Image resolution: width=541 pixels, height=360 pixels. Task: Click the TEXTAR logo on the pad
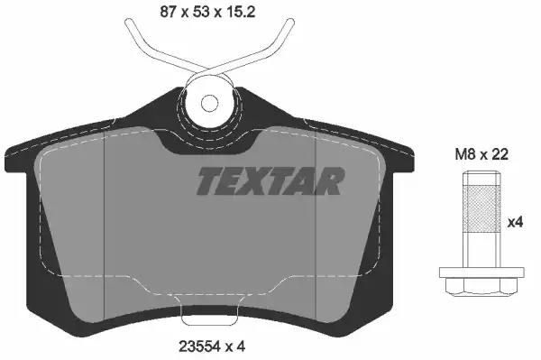pyautogui.click(x=270, y=181)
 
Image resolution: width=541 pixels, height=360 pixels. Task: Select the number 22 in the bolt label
pyautogui.click(x=500, y=154)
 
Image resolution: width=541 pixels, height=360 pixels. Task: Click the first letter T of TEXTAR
pyautogui.click(x=209, y=181)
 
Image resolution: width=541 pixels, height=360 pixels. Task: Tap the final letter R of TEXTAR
pyautogui.click(x=330, y=181)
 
